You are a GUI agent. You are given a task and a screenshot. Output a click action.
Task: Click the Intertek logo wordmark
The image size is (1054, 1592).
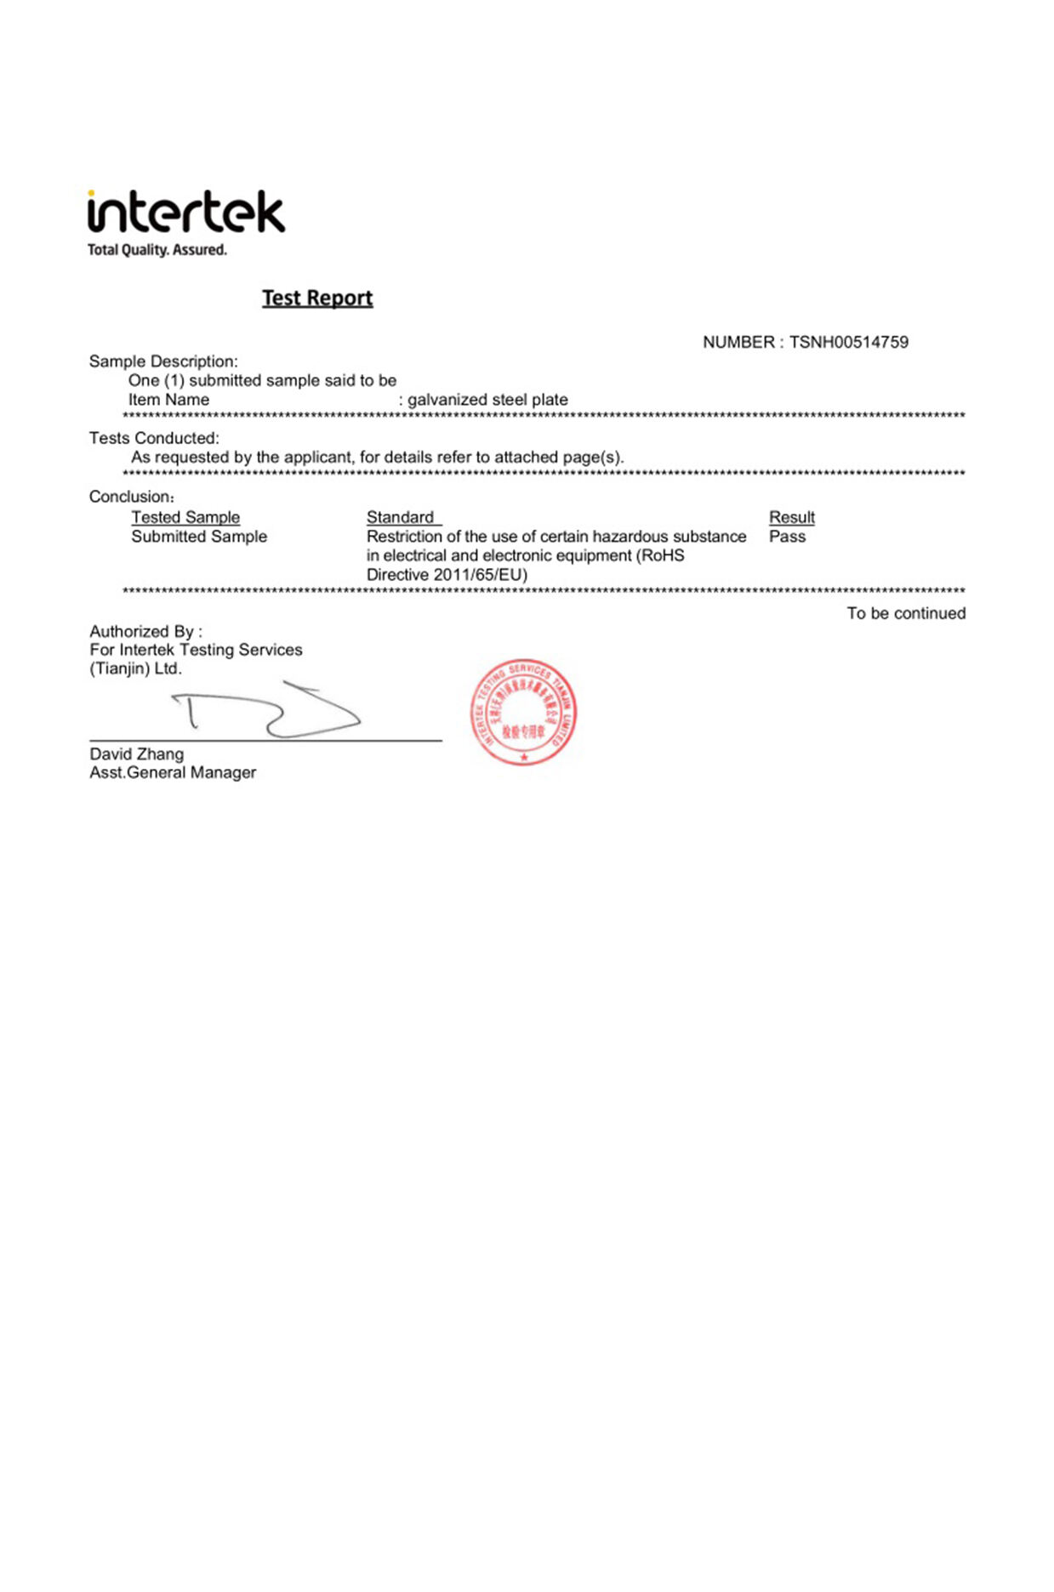pos(185,213)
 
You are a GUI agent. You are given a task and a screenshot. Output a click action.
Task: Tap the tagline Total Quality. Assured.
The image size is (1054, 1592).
pos(157,250)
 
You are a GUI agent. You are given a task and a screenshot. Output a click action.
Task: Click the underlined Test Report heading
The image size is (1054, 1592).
pos(317,298)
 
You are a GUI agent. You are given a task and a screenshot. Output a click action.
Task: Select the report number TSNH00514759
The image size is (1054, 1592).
pos(848,343)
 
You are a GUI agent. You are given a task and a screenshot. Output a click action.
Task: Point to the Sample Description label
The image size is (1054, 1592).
pos(163,361)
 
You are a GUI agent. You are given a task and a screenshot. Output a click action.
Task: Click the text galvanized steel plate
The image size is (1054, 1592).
pos(487,400)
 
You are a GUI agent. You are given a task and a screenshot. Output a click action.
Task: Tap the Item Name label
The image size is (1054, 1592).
pos(168,400)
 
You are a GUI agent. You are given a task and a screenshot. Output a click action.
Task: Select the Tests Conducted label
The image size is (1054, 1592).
pos(154,438)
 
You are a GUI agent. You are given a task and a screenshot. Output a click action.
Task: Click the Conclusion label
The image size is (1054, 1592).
pos(131,497)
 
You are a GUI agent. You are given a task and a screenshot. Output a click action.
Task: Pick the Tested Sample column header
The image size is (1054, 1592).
pos(185,517)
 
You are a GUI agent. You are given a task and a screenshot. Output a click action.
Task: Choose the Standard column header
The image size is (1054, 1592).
pos(401,517)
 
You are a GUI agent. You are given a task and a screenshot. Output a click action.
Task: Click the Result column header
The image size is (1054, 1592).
pos(791,517)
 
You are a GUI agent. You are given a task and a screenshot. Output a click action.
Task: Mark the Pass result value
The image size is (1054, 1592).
pos(787,537)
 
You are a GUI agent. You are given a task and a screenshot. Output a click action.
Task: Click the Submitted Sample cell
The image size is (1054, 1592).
pos(199,537)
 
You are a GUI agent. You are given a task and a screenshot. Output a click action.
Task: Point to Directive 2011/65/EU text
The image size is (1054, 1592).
pos(447,575)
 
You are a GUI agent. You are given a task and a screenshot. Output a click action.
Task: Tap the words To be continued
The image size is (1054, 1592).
pos(906,613)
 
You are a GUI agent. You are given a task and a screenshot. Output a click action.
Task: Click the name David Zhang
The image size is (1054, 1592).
pos(137,754)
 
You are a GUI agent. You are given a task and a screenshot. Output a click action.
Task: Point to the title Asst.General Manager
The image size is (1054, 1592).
pos(173,773)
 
